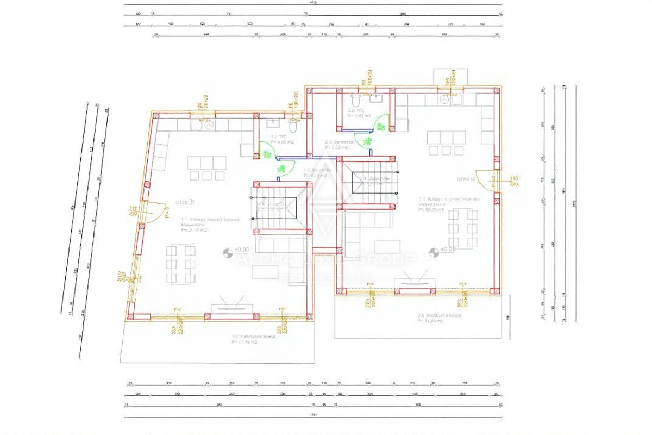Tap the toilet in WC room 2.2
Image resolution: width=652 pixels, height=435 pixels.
pos(356,102)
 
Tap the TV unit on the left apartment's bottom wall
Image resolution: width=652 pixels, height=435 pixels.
pos(234,307)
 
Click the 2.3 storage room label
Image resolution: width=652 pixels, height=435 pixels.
pos(340,144)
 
